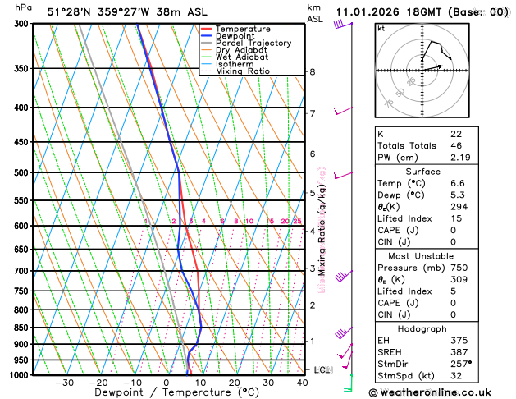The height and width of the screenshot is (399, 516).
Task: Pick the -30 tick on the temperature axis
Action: [x=64, y=383]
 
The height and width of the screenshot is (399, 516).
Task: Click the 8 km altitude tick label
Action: [x=313, y=72]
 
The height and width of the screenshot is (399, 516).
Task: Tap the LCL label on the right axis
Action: [x=322, y=370]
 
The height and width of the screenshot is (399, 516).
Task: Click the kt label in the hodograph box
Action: [x=381, y=28]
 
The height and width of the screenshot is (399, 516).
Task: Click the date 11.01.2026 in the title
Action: [x=369, y=12]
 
